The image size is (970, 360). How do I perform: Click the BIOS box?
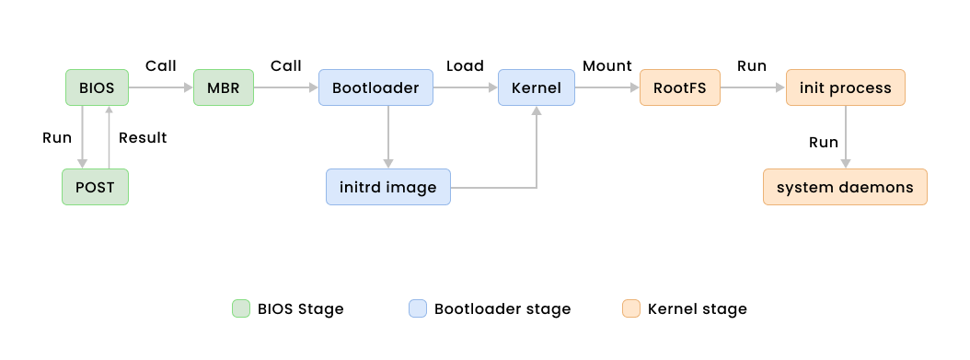pyautogui.click(x=97, y=88)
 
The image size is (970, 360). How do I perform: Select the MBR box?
pyautogui.click(x=223, y=88)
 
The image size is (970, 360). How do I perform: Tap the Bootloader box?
pyautogui.click(x=375, y=88)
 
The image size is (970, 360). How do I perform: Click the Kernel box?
pyautogui.click(x=536, y=88)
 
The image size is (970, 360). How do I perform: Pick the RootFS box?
pyautogui.click(x=679, y=88)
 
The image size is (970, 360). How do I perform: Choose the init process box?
pyautogui.click(x=845, y=88)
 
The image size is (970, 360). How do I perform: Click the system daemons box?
pyautogui.click(x=845, y=187)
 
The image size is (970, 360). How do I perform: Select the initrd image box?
pyautogui.click(x=387, y=187)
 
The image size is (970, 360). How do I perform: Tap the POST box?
pyautogui.click(x=96, y=187)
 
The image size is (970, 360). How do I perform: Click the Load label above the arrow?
pyautogui.click(x=465, y=66)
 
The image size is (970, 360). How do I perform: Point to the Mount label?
pyautogui.click(x=606, y=66)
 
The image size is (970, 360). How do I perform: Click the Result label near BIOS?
pyautogui.click(x=143, y=138)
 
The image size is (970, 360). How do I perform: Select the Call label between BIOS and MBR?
pyautogui.click(x=161, y=66)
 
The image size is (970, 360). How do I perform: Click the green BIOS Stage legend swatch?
pyautogui.click(x=240, y=309)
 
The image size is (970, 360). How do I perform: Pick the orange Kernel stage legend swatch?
pyautogui.click(x=630, y=309)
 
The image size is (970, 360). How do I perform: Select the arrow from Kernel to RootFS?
pyautogui.click(x=606, y=88)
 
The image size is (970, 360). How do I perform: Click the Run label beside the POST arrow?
pyautogui.click(x=57, y=138)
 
